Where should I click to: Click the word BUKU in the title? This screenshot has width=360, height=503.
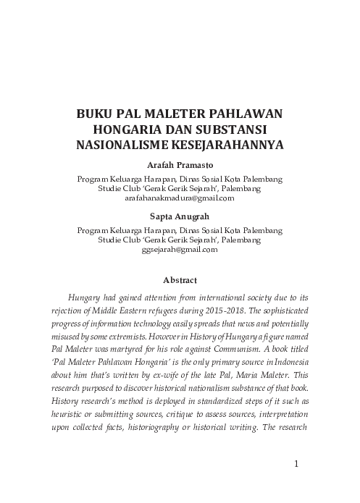[x=96, y=115]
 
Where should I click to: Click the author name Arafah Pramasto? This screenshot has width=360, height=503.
[x=180, y=165]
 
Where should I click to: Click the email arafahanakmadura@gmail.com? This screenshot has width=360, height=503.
[x=180, y=198]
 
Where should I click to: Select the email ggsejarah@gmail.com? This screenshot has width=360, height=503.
[x=180, y=248]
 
